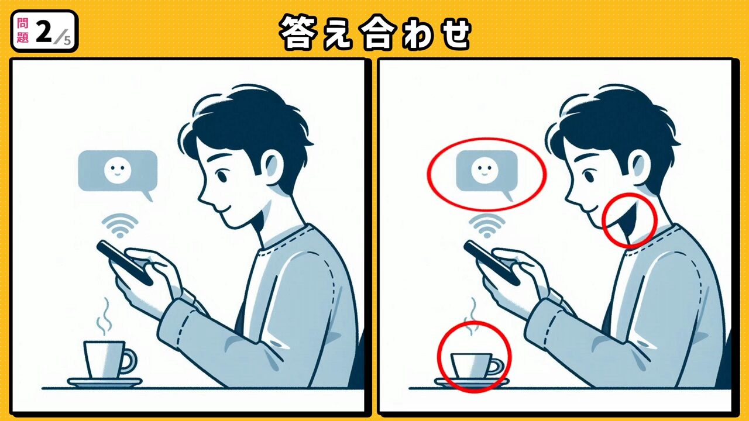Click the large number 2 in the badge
tap(44, 32)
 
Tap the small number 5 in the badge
tap(67, 40)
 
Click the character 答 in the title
tap(298, 32)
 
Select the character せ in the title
tap(453, 33)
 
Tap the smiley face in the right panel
tap(485, 170)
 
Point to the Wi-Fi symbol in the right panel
tap(487, 226)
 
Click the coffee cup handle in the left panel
tap(130, 361)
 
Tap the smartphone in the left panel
tap(125, 263)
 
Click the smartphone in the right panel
tap(492, 263)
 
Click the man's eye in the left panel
tap(222, 176)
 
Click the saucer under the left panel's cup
tap(105, 382)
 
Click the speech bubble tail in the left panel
tap(147, 195)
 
